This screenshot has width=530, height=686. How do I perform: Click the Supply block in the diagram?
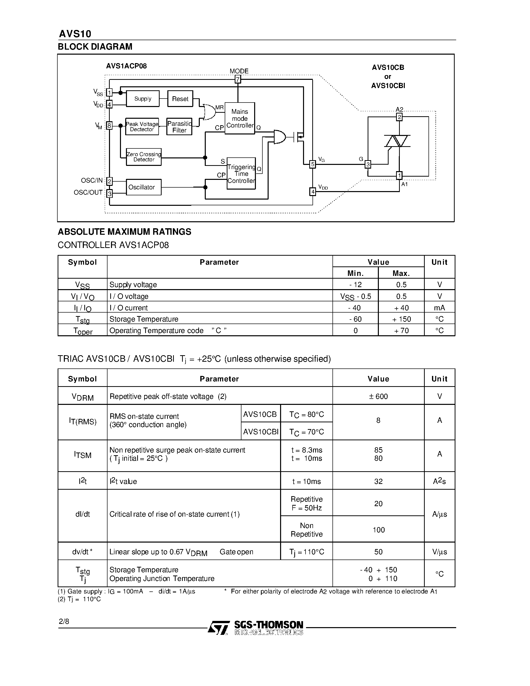(143, 99)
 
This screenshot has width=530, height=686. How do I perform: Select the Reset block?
(180, 99)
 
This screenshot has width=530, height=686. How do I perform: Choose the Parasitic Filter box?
(179, 126)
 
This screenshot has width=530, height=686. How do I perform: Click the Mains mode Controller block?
(240, 118)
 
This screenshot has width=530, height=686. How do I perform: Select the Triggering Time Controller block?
(241, 173)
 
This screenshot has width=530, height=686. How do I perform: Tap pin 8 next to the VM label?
(109, 126)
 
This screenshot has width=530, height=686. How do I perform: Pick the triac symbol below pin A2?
(398, 141)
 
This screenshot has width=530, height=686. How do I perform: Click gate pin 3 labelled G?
(368, 164)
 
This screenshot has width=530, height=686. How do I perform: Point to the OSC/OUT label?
(88, 192)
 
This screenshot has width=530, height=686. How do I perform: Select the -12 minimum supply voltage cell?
(355, 285)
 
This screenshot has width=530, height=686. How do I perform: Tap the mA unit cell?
(439, 308)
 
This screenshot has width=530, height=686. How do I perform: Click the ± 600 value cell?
(378, 396)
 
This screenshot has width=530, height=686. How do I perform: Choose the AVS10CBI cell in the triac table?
(261, 432)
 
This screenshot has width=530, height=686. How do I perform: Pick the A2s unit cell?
(439, 481)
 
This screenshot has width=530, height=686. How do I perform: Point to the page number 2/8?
(64, 621)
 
